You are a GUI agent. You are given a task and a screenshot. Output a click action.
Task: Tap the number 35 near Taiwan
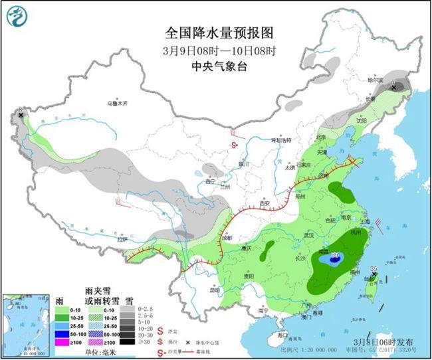coord(374,269)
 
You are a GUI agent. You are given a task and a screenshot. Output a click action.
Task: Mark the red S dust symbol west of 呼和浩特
coord(235,145)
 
